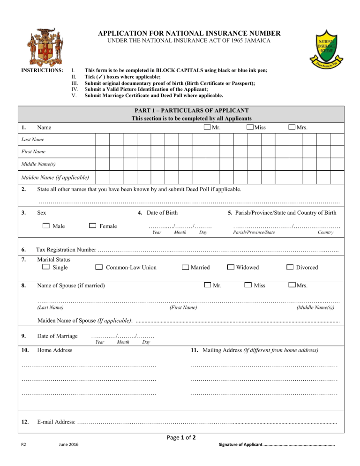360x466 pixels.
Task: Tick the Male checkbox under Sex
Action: [x=46, y=226]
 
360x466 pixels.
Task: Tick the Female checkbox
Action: [x=92, y=226]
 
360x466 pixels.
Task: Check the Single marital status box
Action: [x=45, y=267]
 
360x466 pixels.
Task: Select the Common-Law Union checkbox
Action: [x=99, y=267]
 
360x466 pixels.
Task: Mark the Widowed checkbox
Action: [x=231, y=267]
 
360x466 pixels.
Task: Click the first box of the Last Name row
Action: [x=102, y=140]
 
